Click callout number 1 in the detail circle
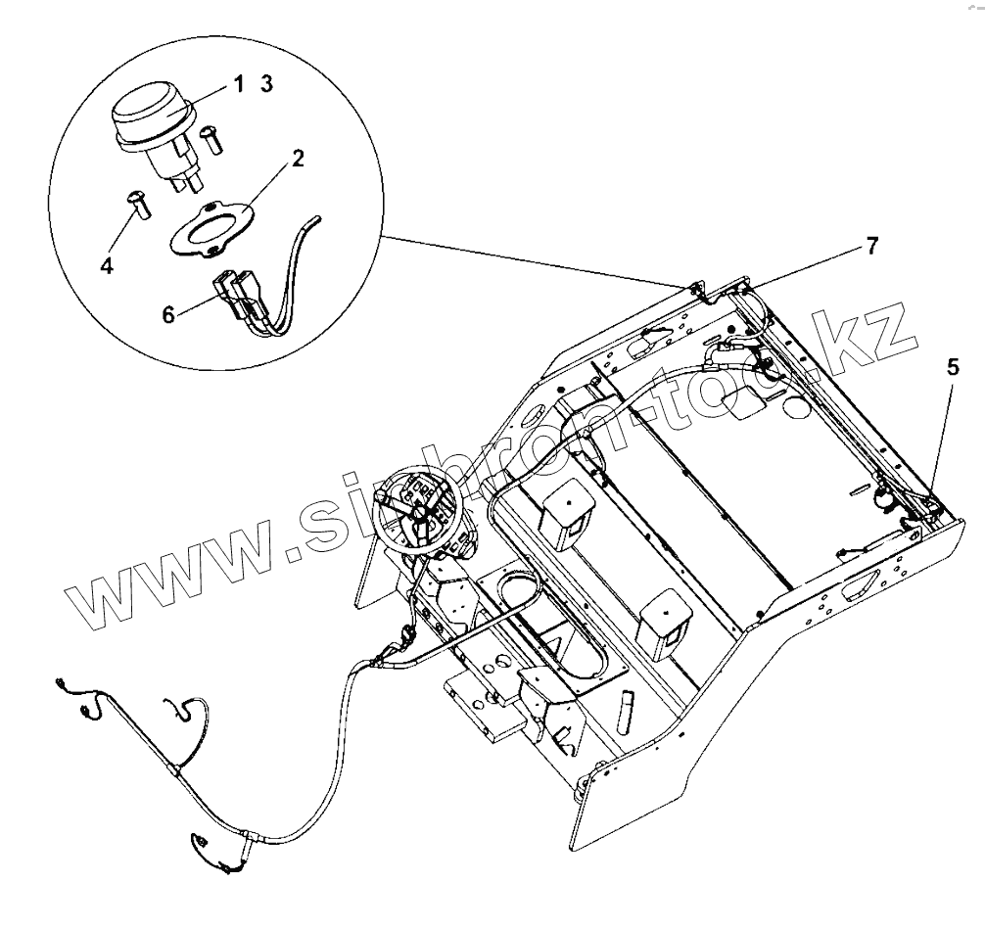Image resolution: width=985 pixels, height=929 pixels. (x=238, y=85)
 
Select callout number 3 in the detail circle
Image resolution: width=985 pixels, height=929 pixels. (x=266, y=85)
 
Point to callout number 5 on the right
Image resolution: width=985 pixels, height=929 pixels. (x=953, y=369)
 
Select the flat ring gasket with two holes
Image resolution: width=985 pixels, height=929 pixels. (x=211, y=231)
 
